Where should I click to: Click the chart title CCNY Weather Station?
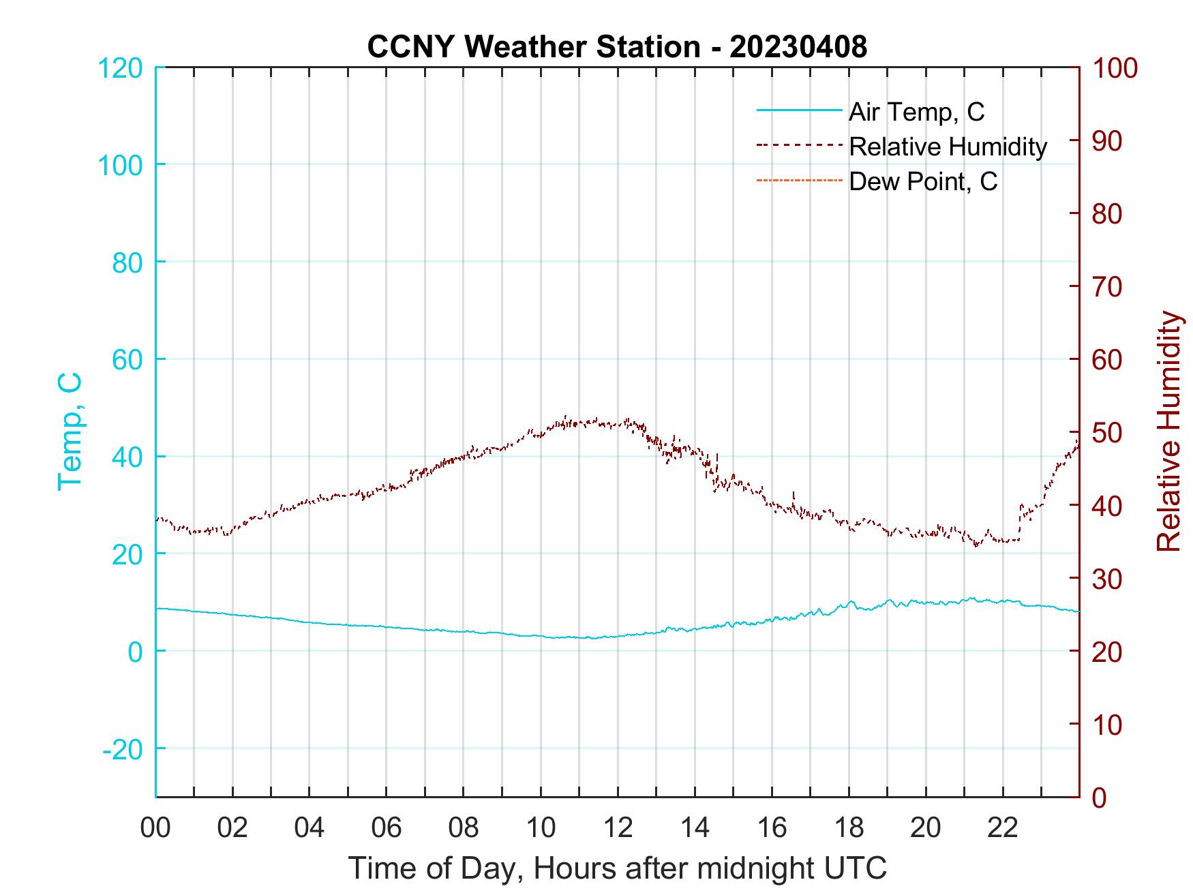[617, 47]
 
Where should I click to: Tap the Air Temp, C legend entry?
[916, 112]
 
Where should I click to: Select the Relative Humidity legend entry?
[948, 147]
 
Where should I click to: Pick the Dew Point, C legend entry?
[923, 181]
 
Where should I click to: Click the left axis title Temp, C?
[70, 431]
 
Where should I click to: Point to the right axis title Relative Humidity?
[1168, 431]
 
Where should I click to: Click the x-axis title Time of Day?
[617, 868]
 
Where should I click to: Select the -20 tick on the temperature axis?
[123, 749]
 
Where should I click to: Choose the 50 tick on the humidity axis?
[1108, 433]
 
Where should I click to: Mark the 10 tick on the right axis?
[1108, 725]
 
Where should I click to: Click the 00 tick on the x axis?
[155, 828]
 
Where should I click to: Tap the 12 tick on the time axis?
[618, 828]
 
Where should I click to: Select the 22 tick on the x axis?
[1003, 828]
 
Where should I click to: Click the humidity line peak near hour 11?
[566, 418]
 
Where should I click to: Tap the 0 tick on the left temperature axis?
[135, 652]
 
